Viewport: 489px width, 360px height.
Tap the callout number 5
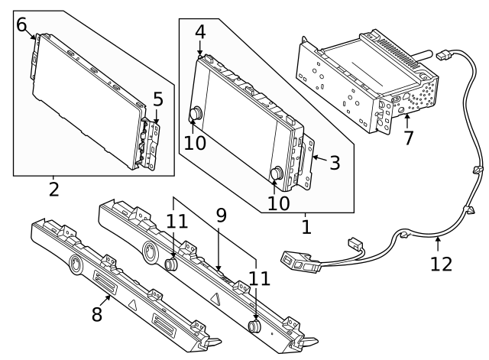tap(157, 99)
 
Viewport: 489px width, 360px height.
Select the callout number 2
tap(53, 188)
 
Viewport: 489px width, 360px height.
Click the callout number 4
tap(199, 32)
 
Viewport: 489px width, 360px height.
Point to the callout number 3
tap(335, 161)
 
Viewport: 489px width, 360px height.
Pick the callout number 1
tap(306, 227)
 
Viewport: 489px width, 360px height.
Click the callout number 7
tap(408, 138)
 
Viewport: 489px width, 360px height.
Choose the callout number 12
tap(442, 264)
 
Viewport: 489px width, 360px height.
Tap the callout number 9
tap(221, 216)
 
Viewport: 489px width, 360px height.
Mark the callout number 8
tap(96, 314)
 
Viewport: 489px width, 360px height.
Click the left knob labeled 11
tap(173, 264)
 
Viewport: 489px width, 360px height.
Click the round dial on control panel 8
tap(76, 267)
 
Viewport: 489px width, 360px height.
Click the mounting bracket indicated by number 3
tap(306, 163)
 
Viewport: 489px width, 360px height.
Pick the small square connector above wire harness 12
tap(354, 241)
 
